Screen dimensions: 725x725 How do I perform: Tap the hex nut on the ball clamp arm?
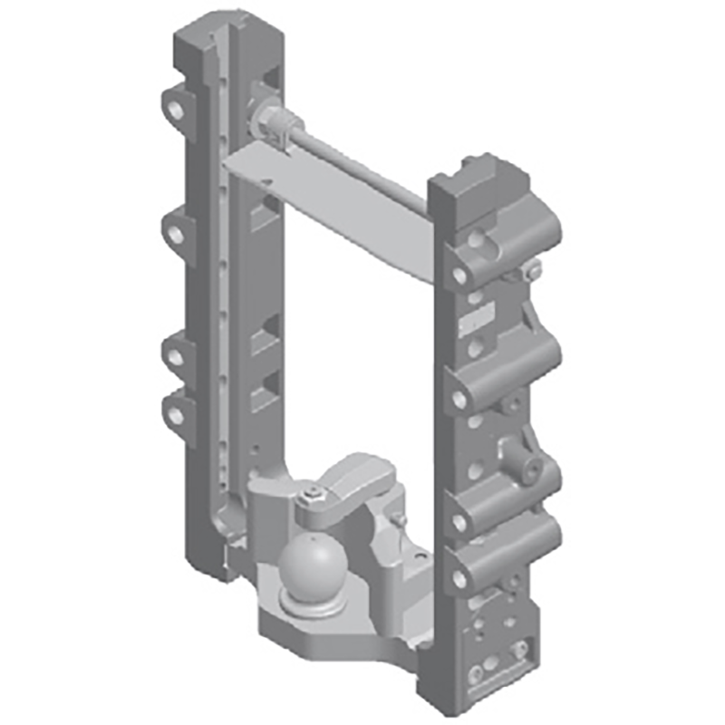point(313,495)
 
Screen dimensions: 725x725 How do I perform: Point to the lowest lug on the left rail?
point(174,412)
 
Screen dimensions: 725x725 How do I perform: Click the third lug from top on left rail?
point(174,353)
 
